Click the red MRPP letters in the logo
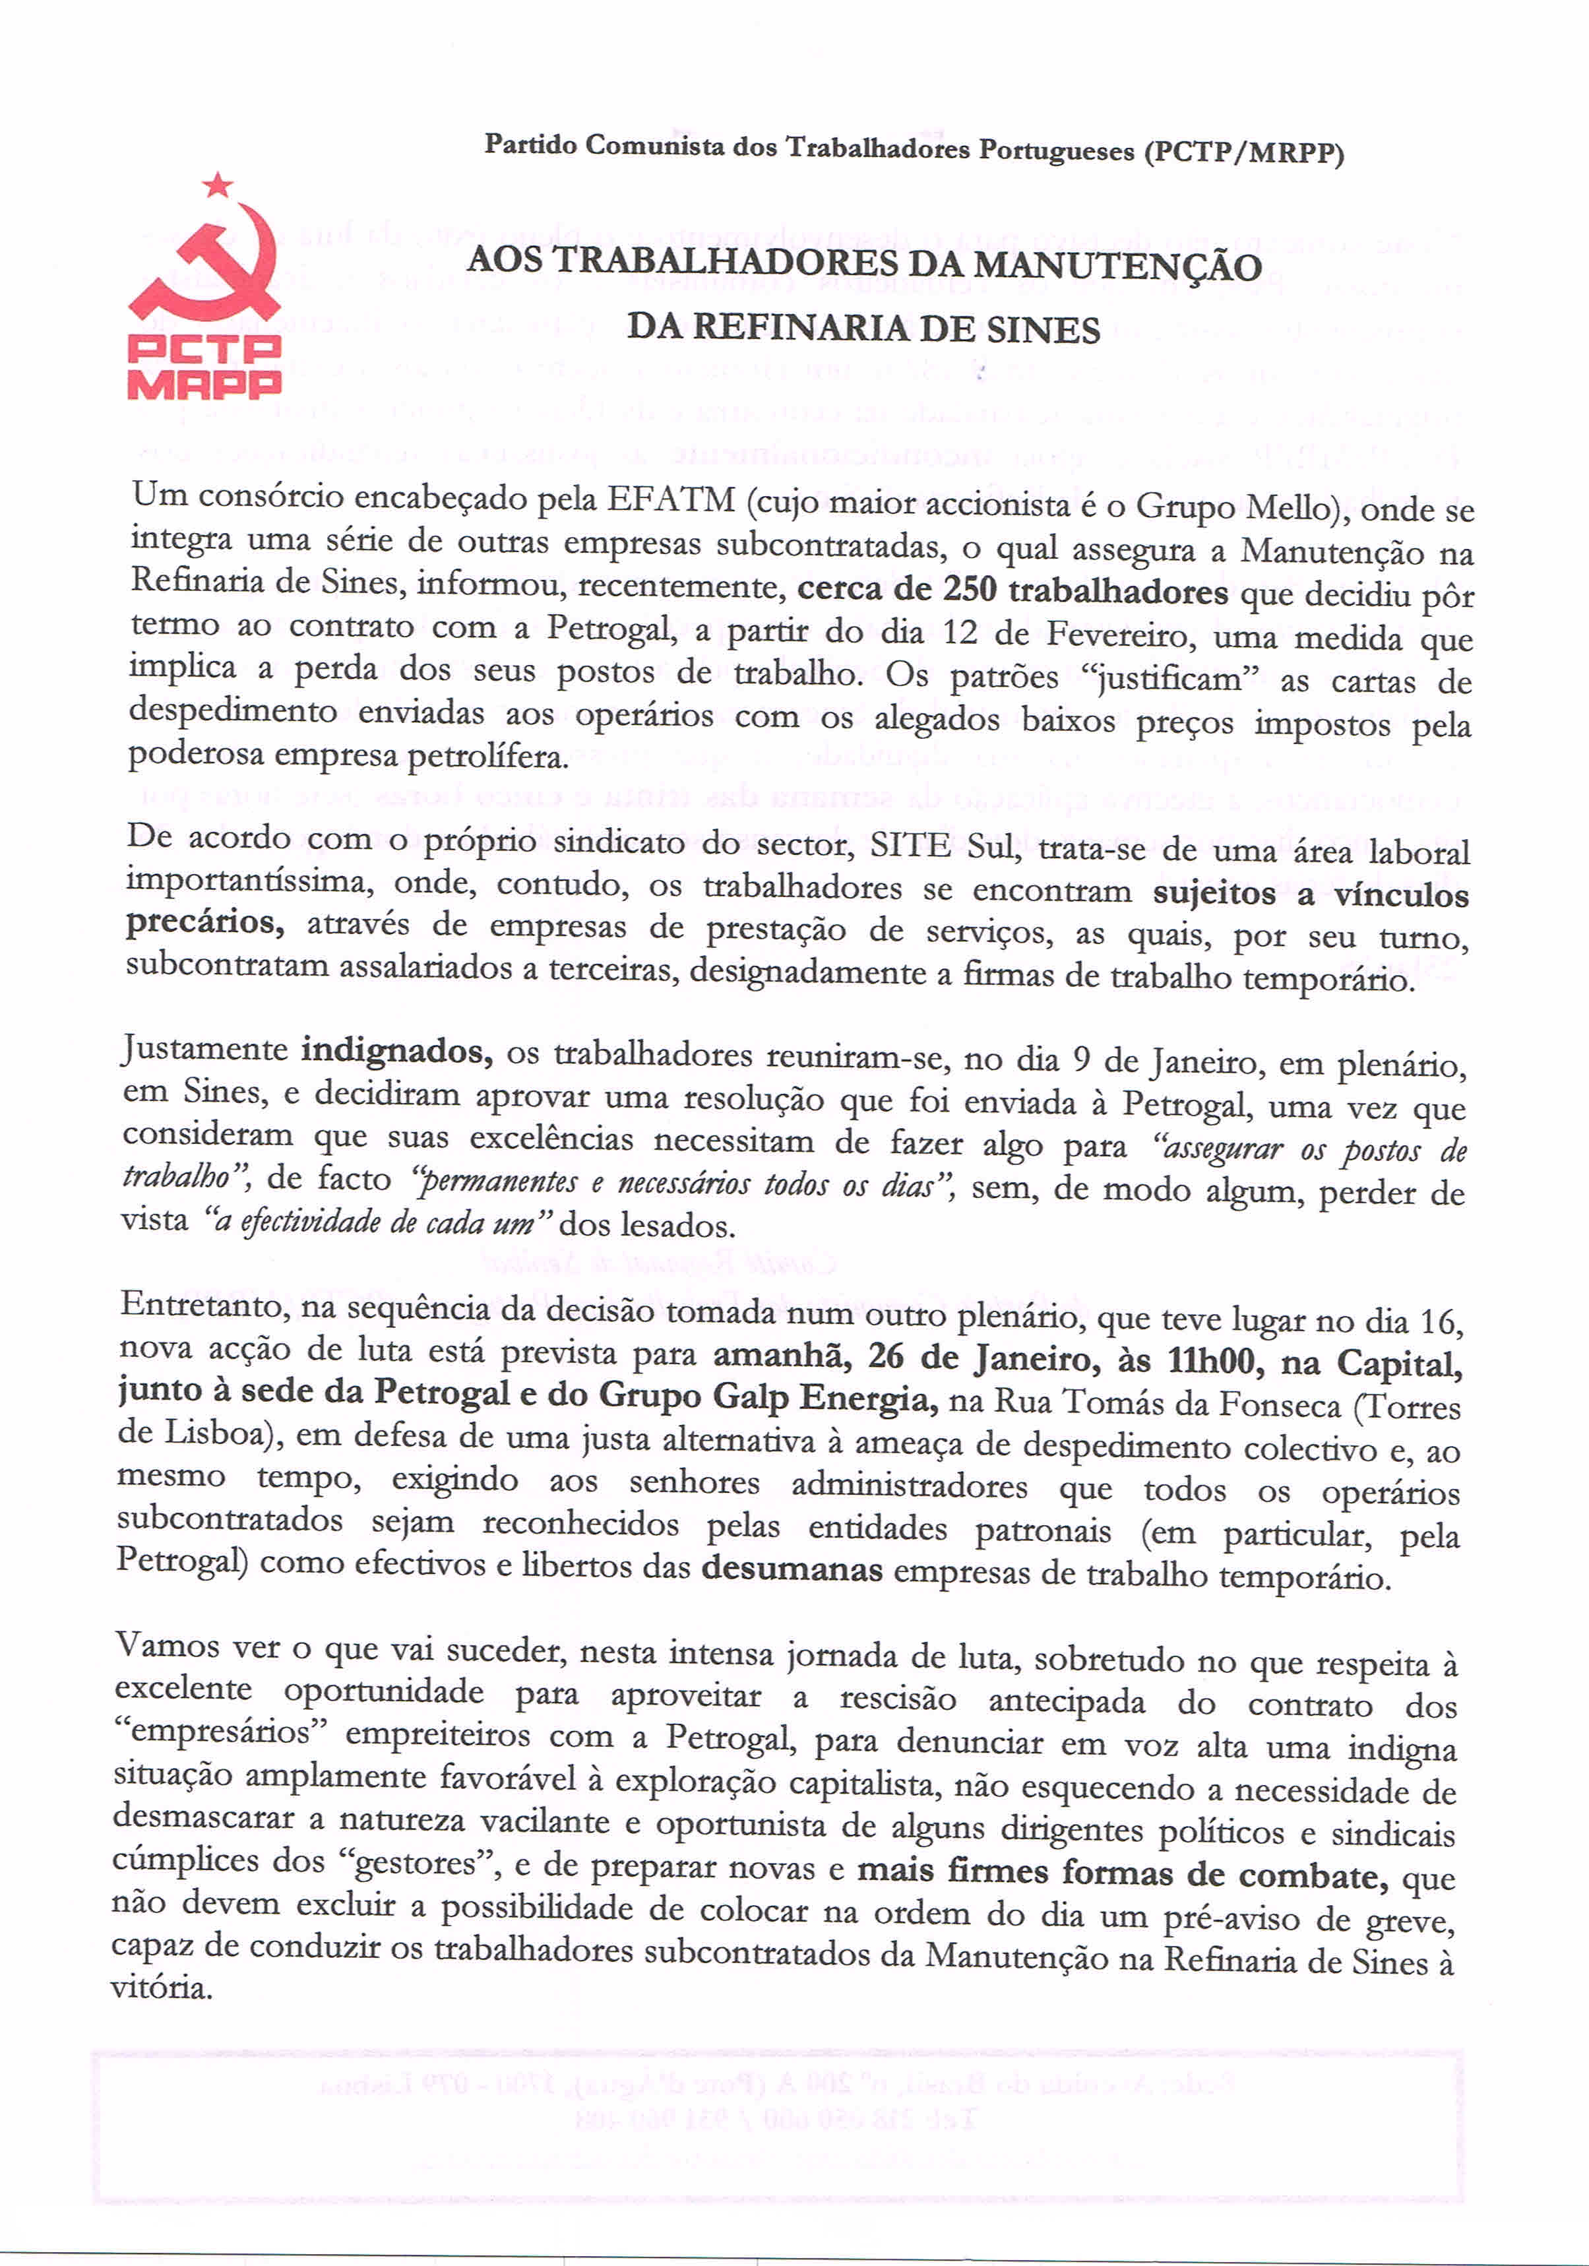click(x=204, y=383)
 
